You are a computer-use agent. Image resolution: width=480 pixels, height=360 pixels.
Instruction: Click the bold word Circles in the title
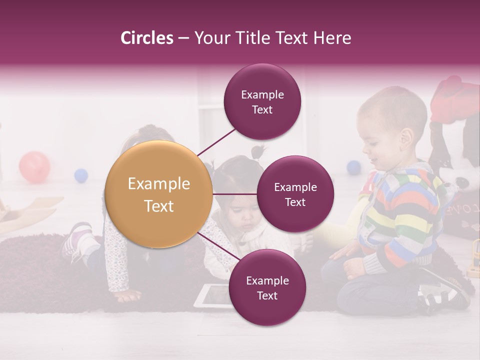(x=147, y=38)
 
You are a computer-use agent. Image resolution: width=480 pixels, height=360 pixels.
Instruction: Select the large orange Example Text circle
(x=159, y=194)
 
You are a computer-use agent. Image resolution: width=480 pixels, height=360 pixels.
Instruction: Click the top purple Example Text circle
(x=262, y=101)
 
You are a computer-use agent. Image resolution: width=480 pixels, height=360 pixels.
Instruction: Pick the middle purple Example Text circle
(x=295, y=194)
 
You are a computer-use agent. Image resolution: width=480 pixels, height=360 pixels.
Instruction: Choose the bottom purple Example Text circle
(x=267, y=287)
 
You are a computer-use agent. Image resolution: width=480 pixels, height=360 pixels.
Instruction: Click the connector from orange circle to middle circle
(x=235, y=194)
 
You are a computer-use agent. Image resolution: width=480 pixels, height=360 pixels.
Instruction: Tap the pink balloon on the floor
(x=34, y=166)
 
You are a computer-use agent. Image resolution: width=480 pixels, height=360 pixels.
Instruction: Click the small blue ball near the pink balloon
(x=81, y=175)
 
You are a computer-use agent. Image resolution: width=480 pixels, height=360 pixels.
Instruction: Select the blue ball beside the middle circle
(x=354, y=167)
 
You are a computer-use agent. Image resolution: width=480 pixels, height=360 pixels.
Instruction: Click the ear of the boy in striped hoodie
(x=406, y=136)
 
